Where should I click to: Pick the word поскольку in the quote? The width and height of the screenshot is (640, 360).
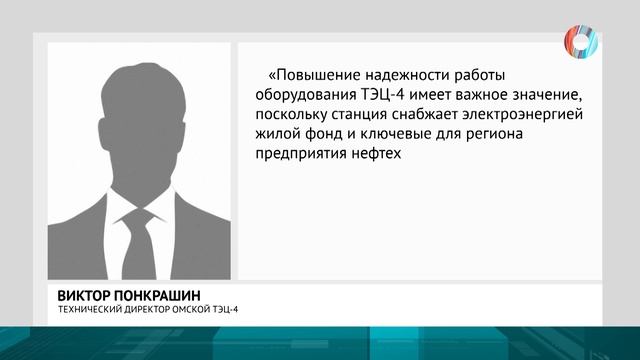coord(297,115)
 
